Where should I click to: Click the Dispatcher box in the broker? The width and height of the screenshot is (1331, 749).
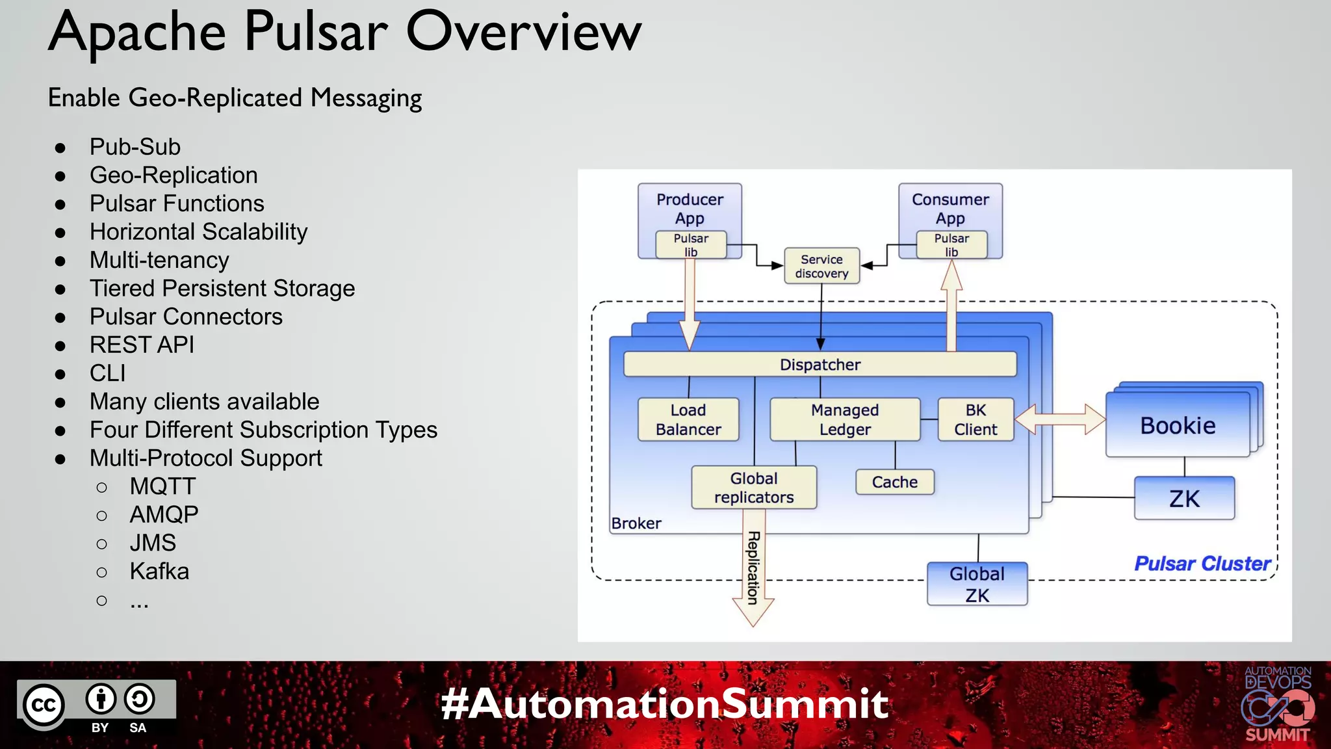[820, 364]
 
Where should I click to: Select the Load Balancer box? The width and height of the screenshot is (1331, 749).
[688, 419]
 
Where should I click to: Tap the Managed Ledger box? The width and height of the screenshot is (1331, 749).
[844, 419]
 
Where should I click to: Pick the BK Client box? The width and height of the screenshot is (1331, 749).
[975, 419]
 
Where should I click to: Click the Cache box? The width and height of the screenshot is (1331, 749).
[894, 482]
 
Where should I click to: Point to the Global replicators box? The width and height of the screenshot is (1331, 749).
[754, 487]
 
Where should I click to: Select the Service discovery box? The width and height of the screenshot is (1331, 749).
[821, 266]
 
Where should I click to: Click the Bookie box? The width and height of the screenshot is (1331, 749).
[1177, 425]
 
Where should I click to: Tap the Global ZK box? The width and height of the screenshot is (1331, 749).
[977, 584]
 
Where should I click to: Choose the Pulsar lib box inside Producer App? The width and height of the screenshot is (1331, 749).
[690, 245]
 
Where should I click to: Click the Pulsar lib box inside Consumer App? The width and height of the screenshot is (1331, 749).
[951, 245]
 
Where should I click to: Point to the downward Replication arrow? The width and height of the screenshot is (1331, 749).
[753, 572]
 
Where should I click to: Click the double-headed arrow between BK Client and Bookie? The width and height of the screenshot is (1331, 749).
[1060, 419]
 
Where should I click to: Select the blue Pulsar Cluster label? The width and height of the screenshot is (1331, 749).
[1202, 563]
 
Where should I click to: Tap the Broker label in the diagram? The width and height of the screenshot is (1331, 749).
[636, 523]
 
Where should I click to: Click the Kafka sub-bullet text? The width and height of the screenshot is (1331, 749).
[159, 571]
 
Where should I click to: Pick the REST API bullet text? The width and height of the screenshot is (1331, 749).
[142, 345]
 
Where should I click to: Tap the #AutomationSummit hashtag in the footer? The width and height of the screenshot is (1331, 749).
[664, 703]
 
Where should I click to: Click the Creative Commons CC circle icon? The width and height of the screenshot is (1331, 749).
[44, 705]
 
